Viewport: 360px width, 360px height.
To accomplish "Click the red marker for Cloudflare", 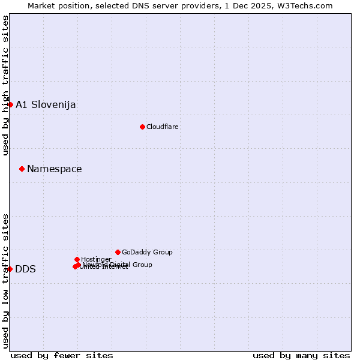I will click(x=142, y=127).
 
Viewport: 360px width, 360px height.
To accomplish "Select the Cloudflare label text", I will click(x=162, y=127).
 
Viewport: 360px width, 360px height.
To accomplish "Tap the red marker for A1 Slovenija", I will click(x=10, y=104).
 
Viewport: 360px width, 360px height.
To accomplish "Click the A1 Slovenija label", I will click(x=46, y=104).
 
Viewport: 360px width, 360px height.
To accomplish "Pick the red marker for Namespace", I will click(x=22, y=169).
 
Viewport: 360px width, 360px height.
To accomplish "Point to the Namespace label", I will click(x=54, y=169).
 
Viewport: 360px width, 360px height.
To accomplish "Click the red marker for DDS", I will click(x=10, y=269).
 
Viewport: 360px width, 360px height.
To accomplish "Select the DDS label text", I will click(x=25, y=269).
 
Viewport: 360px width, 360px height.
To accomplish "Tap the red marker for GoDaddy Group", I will click(x=118, y=252).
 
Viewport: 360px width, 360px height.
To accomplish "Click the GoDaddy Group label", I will click(x=147, y=252).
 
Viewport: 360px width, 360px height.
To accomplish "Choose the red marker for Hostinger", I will click(x=77, y=259).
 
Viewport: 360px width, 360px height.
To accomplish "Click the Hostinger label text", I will click(x=96, y=259).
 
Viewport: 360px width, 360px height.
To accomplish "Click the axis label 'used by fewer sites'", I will click(x=62, y=355).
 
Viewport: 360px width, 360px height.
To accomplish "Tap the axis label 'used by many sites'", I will click(x=301, y=355).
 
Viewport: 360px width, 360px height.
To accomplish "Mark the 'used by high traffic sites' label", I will click(x=5, y=85).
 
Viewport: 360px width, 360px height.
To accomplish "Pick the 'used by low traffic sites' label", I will click(x=5, y=280).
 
